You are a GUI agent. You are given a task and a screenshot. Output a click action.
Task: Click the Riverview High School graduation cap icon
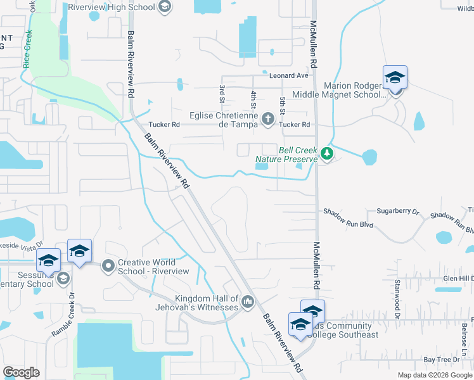coord(164,8)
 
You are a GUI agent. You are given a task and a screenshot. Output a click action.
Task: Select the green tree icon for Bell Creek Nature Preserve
coord(326,153)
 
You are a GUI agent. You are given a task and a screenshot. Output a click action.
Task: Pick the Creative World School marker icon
coord(108,265)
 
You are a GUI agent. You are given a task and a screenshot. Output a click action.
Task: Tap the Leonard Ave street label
coord(288,75)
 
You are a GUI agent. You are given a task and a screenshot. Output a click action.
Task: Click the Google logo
coord(21,372)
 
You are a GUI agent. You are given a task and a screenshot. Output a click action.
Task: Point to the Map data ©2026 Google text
coord(434,375)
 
